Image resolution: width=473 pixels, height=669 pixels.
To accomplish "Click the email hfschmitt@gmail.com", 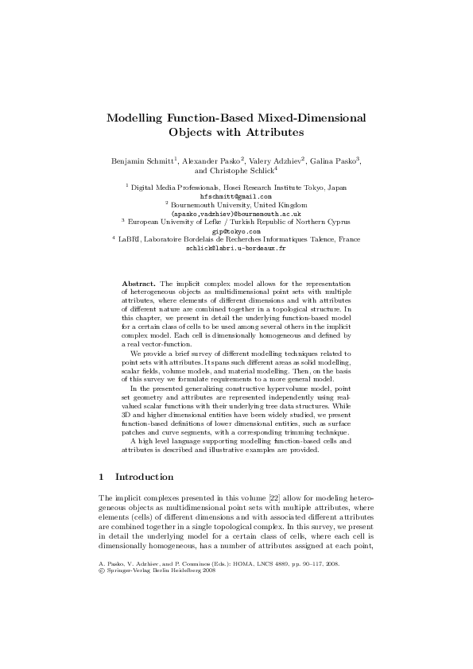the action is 236,195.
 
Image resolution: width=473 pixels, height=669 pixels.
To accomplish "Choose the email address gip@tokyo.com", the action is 236,230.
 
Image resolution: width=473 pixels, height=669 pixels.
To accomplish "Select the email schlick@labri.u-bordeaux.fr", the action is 236,248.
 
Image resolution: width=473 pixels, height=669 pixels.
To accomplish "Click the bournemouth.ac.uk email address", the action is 236,213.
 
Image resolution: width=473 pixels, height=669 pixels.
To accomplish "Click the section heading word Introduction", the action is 146,478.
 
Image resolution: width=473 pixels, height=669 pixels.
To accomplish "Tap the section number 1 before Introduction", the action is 100,478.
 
